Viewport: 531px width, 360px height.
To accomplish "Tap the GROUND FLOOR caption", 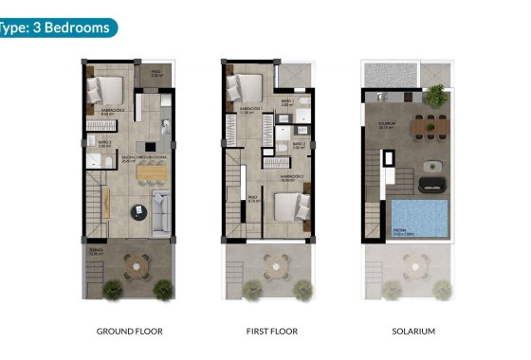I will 130,332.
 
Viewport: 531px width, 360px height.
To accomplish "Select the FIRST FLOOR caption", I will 272,332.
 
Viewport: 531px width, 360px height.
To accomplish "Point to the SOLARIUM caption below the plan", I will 413,332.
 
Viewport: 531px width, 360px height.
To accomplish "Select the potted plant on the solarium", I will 435,95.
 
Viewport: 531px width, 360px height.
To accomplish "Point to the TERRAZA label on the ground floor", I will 95,251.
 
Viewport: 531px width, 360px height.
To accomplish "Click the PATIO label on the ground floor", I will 156,71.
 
